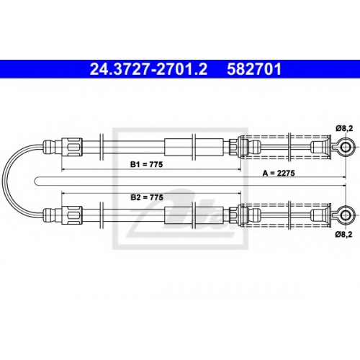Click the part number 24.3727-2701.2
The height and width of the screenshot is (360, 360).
(148, 69)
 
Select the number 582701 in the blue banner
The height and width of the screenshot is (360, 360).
(254, 69)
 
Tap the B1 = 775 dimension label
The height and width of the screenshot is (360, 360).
(146, 164)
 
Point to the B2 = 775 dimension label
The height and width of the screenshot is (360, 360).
(147, 197)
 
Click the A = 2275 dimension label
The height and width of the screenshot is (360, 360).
(279, 173)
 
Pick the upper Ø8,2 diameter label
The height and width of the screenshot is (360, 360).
(344, 129)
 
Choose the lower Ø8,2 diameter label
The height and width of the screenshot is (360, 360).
(344, 235)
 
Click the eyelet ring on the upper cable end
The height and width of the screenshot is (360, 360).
(345, 147)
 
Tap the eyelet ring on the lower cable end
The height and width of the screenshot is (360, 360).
(345, 215)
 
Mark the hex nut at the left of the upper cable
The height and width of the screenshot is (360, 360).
(72, 147)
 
